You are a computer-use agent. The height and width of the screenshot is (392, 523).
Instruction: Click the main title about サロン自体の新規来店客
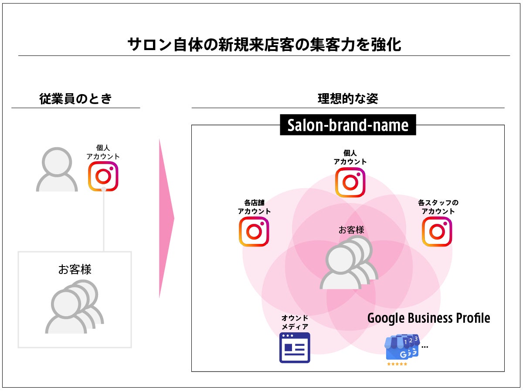click(x=264, y=45)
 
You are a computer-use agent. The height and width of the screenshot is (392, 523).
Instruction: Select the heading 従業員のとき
click(x=75, y=99)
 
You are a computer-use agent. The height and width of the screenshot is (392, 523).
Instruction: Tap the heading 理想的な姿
click(x=347, y=99)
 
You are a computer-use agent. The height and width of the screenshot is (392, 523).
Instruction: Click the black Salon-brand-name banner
click(x=348, y=125)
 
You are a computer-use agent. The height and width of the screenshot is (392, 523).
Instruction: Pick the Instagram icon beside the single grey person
click(x=103, y=176)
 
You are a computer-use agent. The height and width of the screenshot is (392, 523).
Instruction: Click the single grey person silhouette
click(x=57, y=170)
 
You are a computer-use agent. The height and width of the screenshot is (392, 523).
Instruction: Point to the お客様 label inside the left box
click(x=75, y=269)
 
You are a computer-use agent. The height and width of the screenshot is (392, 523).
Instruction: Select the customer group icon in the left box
click(x=74, y=306)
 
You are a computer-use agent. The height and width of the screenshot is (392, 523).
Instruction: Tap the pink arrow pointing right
click(x=166, y=218)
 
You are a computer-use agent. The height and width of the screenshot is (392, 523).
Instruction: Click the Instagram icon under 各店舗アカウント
click(x=254, y=232)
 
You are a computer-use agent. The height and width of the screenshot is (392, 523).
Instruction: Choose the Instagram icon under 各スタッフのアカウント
click(x=437, y=232)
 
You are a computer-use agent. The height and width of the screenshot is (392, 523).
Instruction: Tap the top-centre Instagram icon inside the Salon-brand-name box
click(x=350, y=182)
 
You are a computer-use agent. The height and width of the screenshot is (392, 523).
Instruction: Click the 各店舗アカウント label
click(x=254, y=207)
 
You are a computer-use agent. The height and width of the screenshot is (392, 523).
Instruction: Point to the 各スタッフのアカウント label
click(x=438, y=207)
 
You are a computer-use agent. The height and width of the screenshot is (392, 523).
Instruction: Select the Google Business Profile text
click(x=428, y=318)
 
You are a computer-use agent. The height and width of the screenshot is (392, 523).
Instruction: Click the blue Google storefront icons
click(x=402, y=348)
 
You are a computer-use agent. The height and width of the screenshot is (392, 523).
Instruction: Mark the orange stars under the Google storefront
click(x=397, y=364)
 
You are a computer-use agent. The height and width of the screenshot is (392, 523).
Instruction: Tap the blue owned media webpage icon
click(x=295, y=348)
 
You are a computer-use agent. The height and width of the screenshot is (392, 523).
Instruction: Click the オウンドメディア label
click(x=295, y=322)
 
